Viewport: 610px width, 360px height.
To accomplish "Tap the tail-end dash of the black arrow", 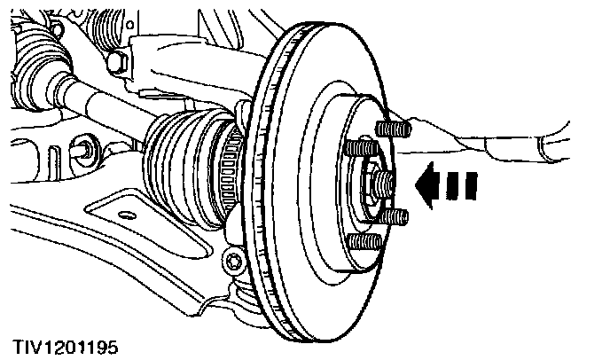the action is click(471, 186).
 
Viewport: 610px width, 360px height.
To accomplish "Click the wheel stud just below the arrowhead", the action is click(396, 216).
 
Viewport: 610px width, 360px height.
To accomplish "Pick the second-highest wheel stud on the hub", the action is click(357, 147).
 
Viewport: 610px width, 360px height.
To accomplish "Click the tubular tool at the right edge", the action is click(550, 142).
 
